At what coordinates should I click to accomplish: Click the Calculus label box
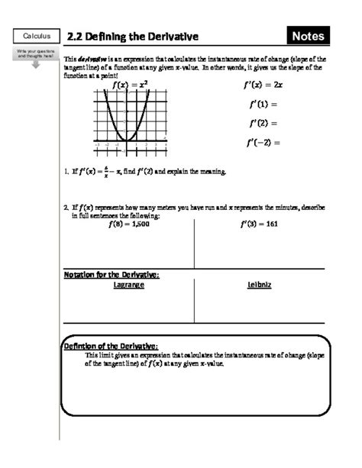point(36,36)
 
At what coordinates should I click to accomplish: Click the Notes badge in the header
point(309,36)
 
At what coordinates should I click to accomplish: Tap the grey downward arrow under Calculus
point(36,63)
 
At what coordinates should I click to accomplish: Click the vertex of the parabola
point(129,140)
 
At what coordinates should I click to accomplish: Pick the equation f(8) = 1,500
point(128,224)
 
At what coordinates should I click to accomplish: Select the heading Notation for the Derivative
point(115,274)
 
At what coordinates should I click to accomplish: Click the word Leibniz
point(260,284)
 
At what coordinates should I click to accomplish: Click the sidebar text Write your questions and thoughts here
point(36,53)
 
